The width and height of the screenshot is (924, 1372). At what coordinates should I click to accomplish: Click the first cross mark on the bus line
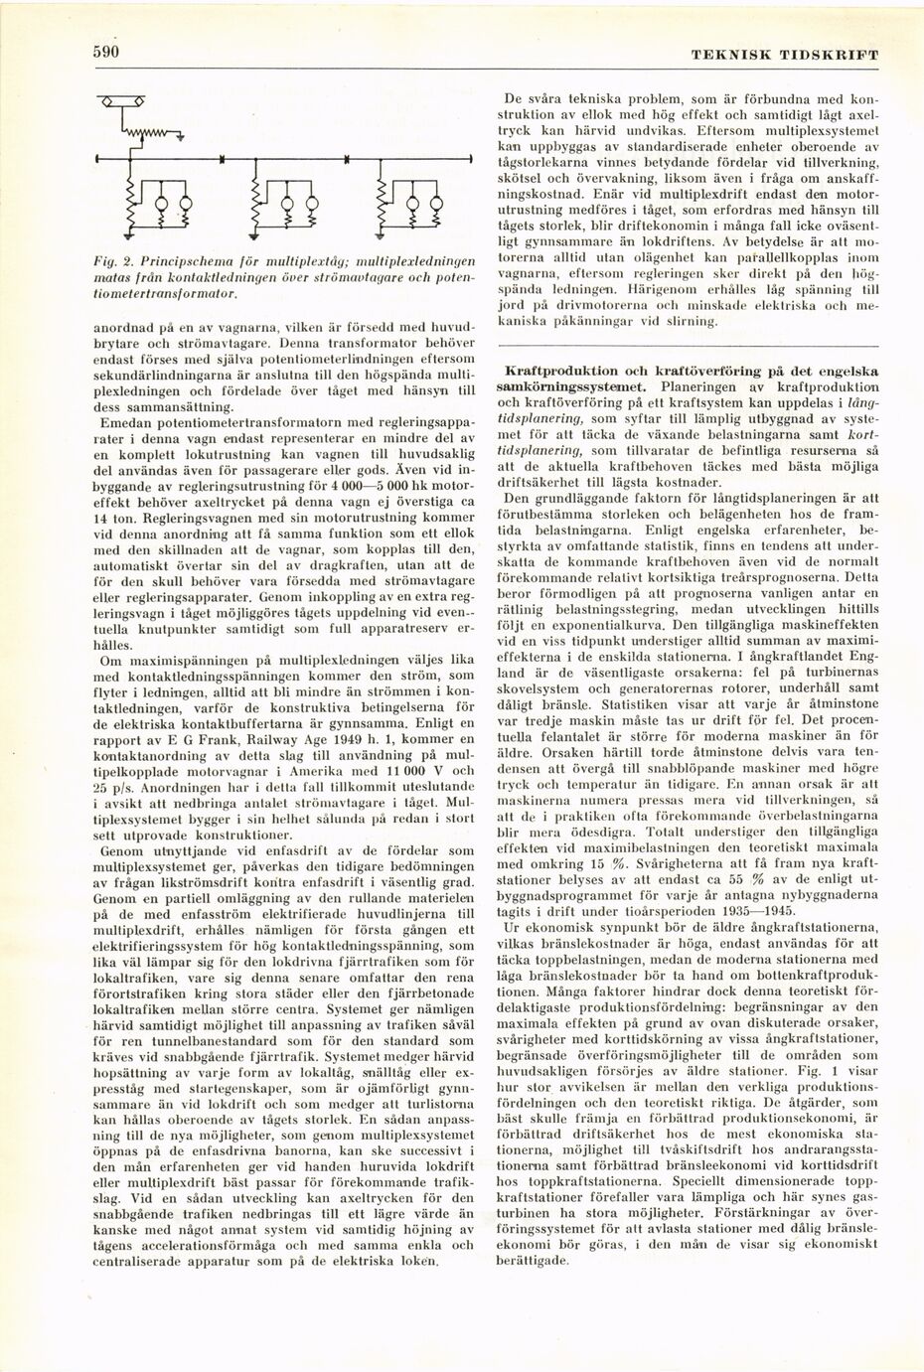click(x=221, y=159)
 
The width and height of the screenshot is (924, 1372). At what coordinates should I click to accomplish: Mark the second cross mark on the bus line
click(x=346, y=159)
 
